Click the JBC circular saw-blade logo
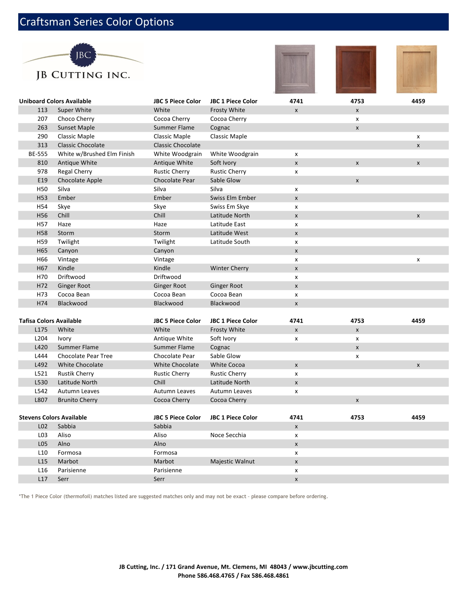(x=83, y=55)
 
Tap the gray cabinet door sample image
(x=295, y=69)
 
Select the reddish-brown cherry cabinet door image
(x=356, y=69)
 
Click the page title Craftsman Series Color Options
(x=97, y=22)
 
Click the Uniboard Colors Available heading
(x=55, y=101)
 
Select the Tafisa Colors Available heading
(x=50, y=321)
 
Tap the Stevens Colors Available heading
(x=53, y=417)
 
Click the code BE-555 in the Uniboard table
(x=38, y=154)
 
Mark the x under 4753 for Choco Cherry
(x=357, y=119)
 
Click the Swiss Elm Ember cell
(x=233, y=198)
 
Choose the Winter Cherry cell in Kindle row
(x=229, y=268)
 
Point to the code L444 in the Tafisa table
(x=41, y=356)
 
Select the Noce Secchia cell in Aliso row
(x=228, y=435)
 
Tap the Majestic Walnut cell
(x=233, y=461)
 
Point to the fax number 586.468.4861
(x=270, y=575)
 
